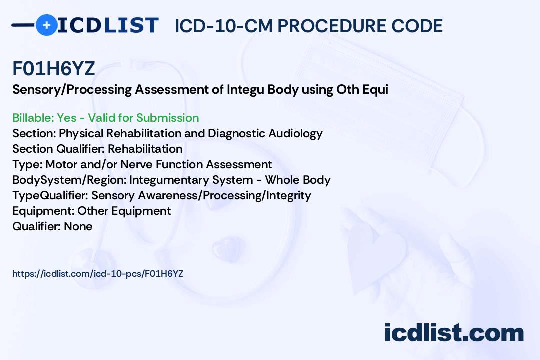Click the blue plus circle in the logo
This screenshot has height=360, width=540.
click(x=46, y=25)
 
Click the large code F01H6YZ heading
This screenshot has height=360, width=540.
click(x=53, y=69)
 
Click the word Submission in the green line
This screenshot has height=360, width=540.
click(x=167, y=118)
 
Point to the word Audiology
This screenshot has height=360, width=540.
click(x=295, y=133)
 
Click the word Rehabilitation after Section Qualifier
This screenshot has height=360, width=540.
click(x=145, y=149)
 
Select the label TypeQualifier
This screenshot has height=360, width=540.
click(x=50, y=195)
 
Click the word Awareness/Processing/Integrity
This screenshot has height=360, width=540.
click(x=224, y=195)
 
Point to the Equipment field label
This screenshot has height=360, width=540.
click(x=43, y=211)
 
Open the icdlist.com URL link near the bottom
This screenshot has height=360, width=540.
click(x=98, y=274)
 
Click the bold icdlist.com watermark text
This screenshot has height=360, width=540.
click(x=454, y=333)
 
